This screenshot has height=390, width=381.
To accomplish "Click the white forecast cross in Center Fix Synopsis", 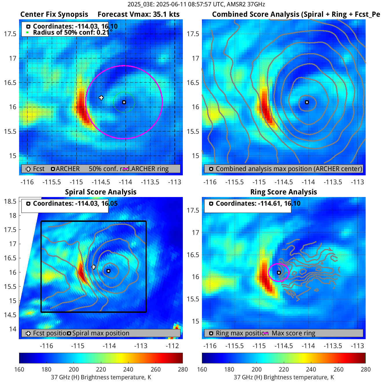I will [101, 98].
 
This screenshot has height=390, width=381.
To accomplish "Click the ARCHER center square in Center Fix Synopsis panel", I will [124, 102].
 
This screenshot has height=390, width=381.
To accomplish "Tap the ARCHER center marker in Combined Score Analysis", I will [307, 102].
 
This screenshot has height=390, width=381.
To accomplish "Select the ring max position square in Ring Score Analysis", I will [279, 273].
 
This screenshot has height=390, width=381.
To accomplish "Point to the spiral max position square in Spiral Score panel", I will [108, 271].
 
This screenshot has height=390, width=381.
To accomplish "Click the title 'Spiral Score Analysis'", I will [101, 192].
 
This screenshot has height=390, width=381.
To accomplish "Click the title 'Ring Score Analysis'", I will [284, 192].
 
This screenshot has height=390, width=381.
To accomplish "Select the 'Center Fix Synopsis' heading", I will [54, 14].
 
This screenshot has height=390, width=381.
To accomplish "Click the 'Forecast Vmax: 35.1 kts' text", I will [138, 14].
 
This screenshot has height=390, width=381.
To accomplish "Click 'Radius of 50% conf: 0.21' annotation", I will [71, 32].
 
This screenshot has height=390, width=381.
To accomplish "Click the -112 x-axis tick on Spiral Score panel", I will [172, 346].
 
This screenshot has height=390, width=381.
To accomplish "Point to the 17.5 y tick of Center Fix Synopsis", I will [10, 34].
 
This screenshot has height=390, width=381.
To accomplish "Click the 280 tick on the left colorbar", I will [183, 369].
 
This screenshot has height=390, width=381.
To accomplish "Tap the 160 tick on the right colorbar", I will [202, 369].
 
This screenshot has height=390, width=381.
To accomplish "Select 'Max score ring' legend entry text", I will [293, 333].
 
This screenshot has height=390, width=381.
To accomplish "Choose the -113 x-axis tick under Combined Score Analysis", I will [357, 182].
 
